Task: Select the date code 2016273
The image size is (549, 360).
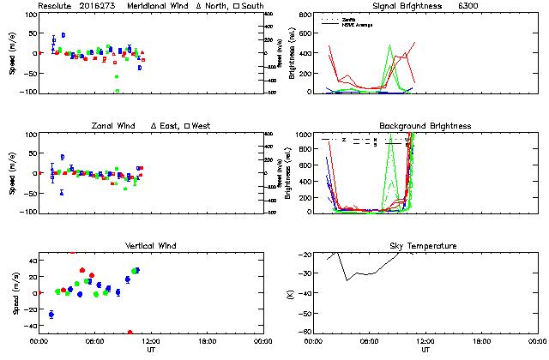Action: pos(97,6)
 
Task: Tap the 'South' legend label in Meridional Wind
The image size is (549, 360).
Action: pos(252,6)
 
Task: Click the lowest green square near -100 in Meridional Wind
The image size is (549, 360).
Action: pos(118,90)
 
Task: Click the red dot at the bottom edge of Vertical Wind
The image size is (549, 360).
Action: pos(130,332)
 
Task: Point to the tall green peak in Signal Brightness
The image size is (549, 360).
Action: pos(389,46)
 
